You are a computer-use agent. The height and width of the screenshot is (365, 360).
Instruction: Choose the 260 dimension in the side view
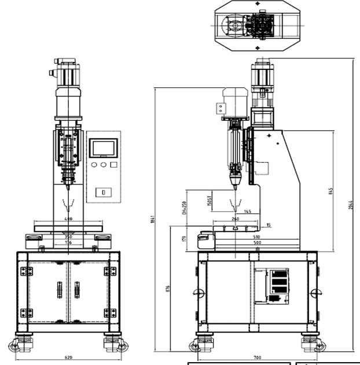[234, 219]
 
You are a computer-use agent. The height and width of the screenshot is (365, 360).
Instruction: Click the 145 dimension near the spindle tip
[248, 212]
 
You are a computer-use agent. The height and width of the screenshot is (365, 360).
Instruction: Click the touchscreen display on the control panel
[103, 148]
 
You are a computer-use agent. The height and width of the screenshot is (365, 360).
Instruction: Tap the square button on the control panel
[114, 165]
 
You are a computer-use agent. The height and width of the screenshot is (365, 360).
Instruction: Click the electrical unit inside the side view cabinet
[277, 285]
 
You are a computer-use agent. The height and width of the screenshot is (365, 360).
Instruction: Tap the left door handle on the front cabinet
[58, 289]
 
